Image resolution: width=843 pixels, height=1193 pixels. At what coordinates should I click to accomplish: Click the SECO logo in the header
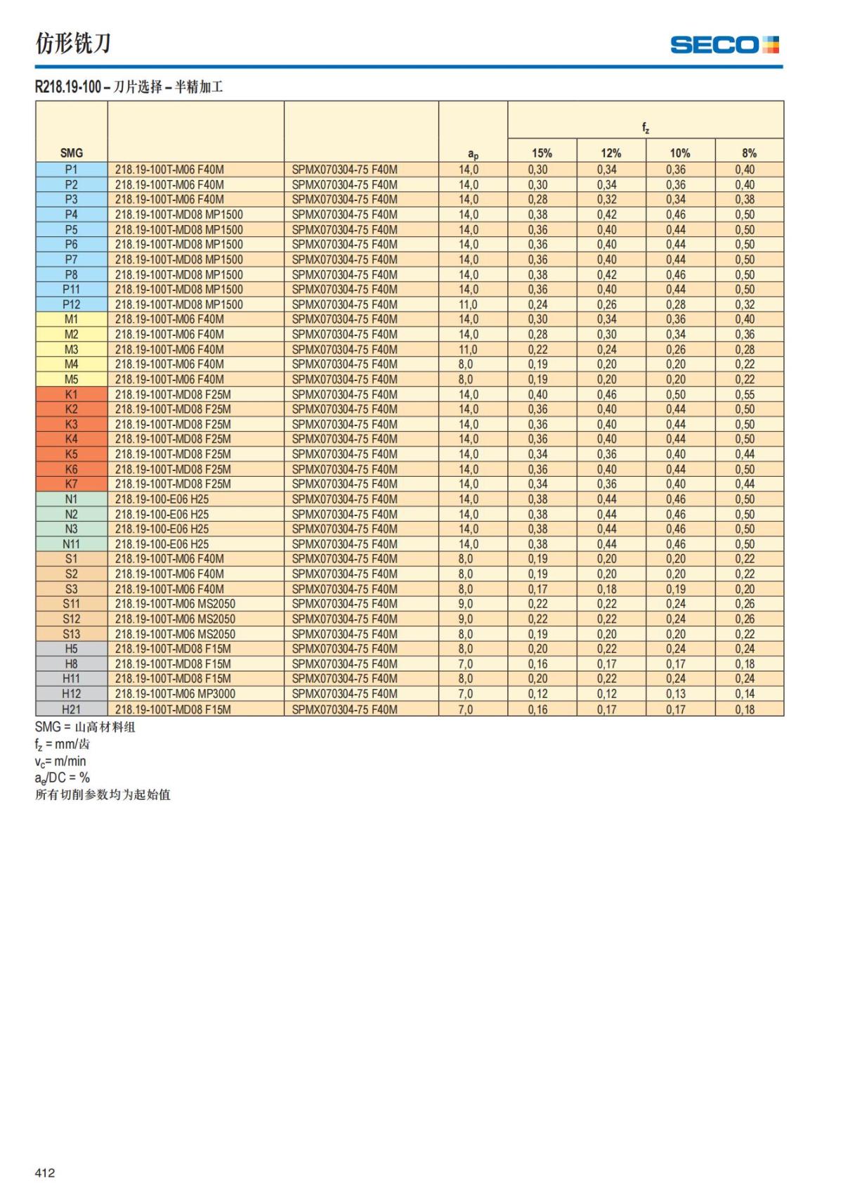[x=724, y=45]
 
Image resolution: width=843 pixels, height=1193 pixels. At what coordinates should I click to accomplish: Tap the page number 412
[x=45, y=1173]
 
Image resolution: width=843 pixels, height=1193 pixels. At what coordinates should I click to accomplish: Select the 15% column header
[x=542, y=153]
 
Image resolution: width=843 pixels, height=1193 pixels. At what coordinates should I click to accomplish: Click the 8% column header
[x=749, y=153]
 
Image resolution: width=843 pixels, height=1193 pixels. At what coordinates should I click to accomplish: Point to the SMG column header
[x=72, y=153]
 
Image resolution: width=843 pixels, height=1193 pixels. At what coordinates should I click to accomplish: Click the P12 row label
[x=72, y=304]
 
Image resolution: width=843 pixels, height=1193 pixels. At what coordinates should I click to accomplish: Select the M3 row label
[x=72, y=349]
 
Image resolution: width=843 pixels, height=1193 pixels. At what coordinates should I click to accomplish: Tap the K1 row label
[x=72, y=394]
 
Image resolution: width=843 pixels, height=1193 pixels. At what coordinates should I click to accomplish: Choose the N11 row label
[x=72, y=544]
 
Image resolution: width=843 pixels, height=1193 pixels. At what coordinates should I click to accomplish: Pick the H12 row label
[x=72, y=694]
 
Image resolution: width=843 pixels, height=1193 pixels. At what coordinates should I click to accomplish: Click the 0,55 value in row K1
[x=745, y=394]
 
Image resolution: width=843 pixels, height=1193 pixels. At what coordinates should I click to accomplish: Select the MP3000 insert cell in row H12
[x=176, y=694]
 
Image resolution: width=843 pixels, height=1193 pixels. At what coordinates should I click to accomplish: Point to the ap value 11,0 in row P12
[x=468, y=304]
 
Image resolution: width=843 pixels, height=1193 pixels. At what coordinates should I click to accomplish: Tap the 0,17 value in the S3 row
[x=537, y=589]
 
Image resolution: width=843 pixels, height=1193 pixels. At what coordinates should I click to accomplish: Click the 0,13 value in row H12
[x=676, y=694]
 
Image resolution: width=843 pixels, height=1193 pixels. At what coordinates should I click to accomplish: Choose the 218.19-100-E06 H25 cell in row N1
[x=162, y=499]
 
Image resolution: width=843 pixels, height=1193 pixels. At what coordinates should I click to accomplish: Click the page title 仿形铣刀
[x=73, y=44]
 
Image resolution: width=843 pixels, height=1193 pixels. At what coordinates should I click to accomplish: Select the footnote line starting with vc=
[x=60, y=761]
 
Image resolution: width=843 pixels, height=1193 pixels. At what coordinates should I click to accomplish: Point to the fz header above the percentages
[x=645, y=128]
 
